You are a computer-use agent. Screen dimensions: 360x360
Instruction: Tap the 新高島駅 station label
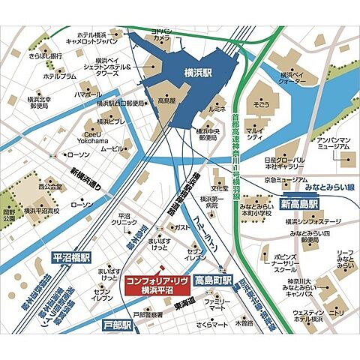click(300, 203)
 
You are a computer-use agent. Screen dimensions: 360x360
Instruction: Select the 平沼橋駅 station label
click(71, 256)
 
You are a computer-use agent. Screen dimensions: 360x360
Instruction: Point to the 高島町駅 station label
click(214, 280)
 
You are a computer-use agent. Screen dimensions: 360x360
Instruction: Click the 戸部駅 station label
click(117, 325)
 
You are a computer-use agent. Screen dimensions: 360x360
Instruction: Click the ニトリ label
click(337, 316)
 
